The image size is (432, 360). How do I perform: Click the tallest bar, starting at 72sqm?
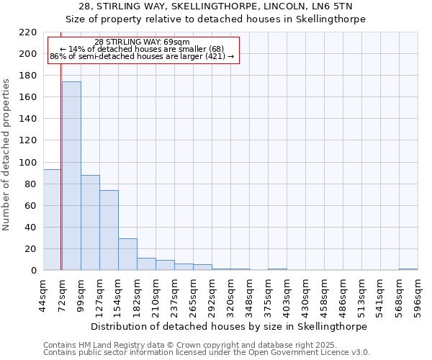[x=71, y=176]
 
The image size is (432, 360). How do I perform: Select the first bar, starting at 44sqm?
[x=52, y=220]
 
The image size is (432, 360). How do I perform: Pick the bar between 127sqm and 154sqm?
[x=109, y=230]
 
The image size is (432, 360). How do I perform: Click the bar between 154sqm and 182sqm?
[x=127, y=254]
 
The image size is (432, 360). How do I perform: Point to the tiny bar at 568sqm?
[x=408, y=269]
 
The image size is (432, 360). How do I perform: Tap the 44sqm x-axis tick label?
[x=44, y=294]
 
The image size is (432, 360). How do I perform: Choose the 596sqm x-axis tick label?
[x=418, y=294]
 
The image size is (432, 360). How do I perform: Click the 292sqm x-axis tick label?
[x=212, y=294]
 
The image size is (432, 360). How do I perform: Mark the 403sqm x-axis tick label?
[x=287, y=294]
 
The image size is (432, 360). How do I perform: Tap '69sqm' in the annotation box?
[x=176, y=42]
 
